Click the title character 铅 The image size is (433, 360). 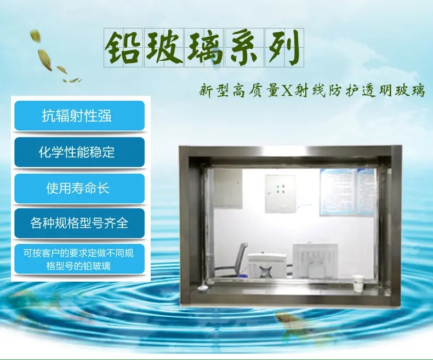click(123, 47)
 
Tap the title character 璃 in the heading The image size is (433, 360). click(204, 47)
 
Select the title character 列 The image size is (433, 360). click(284, 47)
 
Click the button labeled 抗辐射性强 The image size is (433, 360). click(79, 116)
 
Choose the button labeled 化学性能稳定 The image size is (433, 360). click(79, 152)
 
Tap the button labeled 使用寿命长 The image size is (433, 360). click(79, 188)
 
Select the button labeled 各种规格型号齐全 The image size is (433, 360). click(79, 223)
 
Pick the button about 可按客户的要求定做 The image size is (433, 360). click(79, 259)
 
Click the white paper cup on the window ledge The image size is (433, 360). click(358, 283)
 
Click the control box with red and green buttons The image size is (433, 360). click(280, 193)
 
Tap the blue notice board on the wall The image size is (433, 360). click(347, 192)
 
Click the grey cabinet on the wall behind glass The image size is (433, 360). click(228, 188)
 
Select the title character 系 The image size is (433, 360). click(244, 47)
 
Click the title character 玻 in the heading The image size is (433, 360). click(164, 47)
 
